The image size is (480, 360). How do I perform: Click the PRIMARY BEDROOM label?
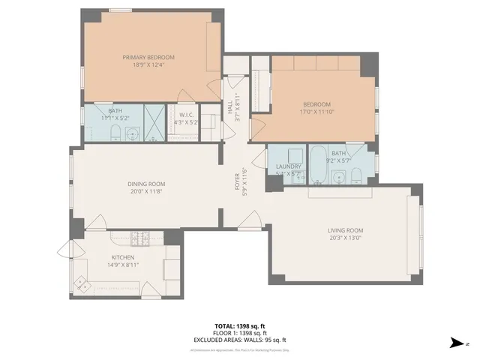148,58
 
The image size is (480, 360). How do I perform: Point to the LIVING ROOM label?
345,230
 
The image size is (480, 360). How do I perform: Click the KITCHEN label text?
123,257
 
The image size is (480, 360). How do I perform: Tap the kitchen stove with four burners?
139,239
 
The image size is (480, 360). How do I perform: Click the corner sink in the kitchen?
80,283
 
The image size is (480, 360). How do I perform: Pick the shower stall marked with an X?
154,123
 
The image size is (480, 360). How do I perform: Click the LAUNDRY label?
288,166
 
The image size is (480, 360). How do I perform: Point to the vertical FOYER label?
238,183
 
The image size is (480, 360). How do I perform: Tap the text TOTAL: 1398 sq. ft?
240,325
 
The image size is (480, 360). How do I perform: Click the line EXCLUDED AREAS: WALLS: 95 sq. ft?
240,339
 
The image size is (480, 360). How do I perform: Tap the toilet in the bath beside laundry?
356,178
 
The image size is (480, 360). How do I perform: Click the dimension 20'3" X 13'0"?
345,238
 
